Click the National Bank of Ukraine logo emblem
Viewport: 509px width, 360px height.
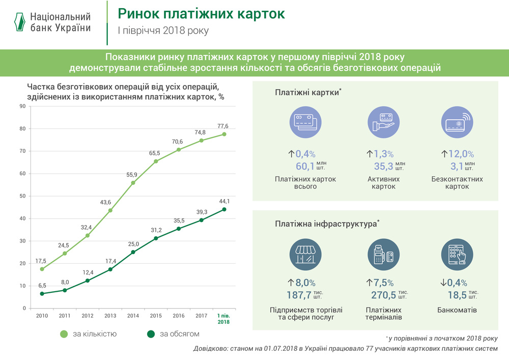pos(19,22)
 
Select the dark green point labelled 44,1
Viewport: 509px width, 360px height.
pos(224,209)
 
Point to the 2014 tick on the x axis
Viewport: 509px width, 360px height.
pos(133,316)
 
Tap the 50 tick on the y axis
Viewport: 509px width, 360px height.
pos(22,196)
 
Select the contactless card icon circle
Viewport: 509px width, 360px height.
pos(456,123)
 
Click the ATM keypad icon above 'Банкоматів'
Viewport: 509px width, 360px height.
pos(456,253)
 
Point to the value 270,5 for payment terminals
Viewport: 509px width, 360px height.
pos(384,294)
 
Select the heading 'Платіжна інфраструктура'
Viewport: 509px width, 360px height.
pos(326,224)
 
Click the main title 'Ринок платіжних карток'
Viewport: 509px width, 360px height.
pos(201,14)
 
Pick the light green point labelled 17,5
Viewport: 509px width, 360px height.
pos(42,269)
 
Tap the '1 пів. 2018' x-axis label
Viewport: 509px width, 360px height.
pos(223,319)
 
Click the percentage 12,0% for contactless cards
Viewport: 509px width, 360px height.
pos(461,154)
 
